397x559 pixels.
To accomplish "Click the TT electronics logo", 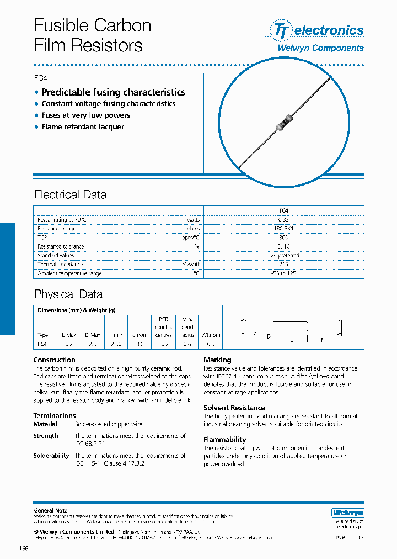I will coord(316,30).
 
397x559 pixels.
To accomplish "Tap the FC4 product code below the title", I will coord(41,78).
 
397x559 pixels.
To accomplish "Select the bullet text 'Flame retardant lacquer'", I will coord(83,127).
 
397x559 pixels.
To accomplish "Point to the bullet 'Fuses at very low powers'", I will coord(85,115).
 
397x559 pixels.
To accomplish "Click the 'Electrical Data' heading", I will coord(70,194).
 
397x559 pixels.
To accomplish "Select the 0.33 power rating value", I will coord(284,220).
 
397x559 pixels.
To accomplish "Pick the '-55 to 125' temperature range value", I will coord(284,273).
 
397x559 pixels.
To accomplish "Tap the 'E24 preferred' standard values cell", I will coord(284,256).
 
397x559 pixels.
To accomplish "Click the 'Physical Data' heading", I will coord(68,294).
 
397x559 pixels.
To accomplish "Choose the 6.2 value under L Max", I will coord(68,344).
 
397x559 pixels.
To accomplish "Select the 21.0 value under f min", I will coord(116,344).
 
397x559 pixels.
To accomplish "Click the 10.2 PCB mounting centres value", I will coord(163,344).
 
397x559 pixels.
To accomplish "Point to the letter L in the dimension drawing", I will coord(291,340).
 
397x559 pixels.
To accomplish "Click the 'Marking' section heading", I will coord(217,360).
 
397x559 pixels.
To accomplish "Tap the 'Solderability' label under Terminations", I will coord(51,456).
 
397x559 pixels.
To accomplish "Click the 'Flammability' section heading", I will coord(224,440).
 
